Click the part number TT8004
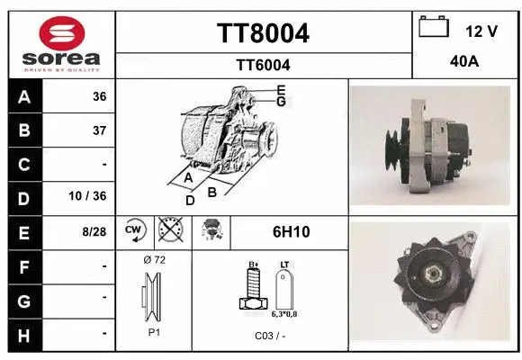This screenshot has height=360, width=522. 263,33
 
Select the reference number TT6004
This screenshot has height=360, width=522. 263,65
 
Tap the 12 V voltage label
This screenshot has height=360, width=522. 481,31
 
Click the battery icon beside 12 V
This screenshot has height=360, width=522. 434,27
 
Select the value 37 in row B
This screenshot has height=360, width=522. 99,130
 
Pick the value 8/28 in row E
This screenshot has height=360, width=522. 94,231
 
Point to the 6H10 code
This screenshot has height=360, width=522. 291,231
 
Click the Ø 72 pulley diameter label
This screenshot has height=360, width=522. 154,260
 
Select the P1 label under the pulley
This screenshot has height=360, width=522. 153,331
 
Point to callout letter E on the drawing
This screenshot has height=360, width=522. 282,89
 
